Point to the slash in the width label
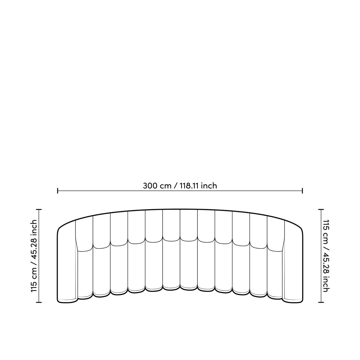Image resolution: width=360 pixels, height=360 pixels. [x=176, y=186]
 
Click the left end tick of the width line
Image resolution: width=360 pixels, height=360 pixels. [x=58, y=191]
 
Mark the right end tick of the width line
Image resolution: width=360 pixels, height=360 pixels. [x=302, y=191]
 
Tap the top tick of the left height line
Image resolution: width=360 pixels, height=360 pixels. [x=39, y=209]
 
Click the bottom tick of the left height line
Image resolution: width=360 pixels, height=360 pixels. [x=39, y=302]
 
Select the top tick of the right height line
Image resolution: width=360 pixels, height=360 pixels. [x=321, y=209]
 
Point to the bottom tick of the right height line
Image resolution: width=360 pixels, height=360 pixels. [x=321, y=302]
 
